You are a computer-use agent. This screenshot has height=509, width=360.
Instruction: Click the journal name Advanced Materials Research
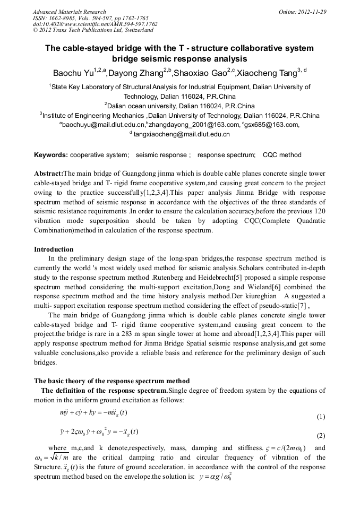tap(69, 12)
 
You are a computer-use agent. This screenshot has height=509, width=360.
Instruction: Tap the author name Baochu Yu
tap(73, 73)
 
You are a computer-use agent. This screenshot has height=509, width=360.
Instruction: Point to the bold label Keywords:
tap(51, 155)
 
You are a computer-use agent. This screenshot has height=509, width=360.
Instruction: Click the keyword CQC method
tap(281, 155)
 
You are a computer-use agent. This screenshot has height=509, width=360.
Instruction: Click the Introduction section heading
tap(54, 249)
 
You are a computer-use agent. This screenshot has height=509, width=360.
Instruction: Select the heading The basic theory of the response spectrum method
tap(112, 381)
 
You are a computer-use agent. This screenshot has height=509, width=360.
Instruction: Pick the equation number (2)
tap(320, 436)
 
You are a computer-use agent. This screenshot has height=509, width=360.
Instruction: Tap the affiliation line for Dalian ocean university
tap(179, 106)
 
